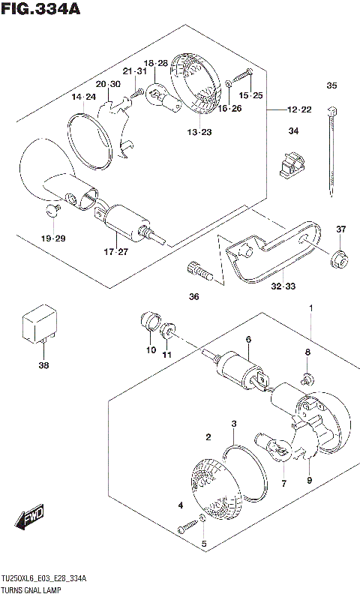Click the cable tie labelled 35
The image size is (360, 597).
click(329, 149)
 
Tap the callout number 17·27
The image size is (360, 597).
click(117, 251)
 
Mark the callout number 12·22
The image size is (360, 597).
click(298, 109)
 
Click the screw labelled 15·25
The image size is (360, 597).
click(245, 76)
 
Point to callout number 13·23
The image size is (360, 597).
click(199, 133)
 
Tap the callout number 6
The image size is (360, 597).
click(248, 340)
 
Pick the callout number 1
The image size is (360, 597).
click(312, 308)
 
